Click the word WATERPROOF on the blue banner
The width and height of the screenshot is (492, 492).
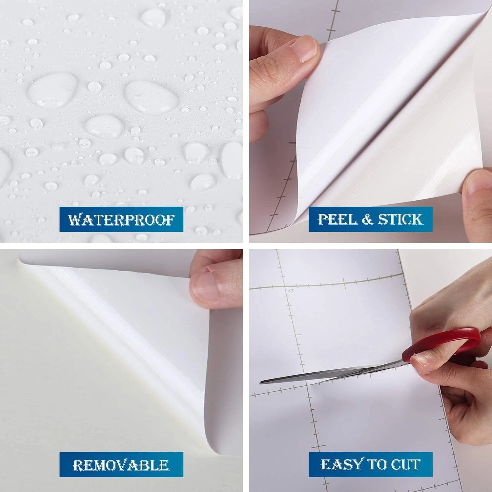[x=121, y=219]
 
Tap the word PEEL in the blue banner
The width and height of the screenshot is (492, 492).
[x=337, y=219]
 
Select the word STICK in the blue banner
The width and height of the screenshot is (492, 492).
[x=400, y=219]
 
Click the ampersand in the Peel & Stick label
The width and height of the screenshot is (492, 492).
[x=367, y=219]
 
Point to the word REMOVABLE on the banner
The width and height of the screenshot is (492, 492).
[x=121, y=465]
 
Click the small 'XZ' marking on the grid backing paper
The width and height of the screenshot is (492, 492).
[x=290, y=291]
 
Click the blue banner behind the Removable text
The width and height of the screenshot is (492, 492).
[x=121, y=464]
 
